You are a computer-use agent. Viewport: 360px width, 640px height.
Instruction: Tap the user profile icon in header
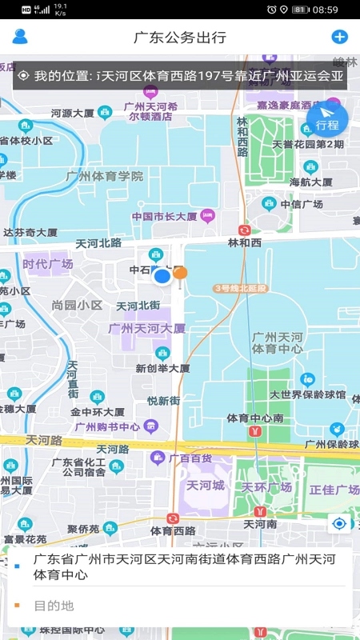coord(20,36)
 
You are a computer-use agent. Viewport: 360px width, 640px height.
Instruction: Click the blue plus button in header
coord(339,37)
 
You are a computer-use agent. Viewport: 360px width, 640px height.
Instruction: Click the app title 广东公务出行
coord(180,37)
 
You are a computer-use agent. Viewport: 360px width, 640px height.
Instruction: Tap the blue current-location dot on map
coord(162,277)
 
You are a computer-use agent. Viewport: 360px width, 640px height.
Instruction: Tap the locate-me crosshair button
coord(339,524)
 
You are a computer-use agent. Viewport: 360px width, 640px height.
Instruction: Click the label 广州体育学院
coord(105,176)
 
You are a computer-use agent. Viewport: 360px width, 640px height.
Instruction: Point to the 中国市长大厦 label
coord(165,216)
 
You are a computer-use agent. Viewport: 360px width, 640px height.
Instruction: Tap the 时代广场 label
coord(48,264)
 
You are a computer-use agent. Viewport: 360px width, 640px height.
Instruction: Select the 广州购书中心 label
coord(107,426)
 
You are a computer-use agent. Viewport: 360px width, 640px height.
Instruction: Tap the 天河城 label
coord(206,486)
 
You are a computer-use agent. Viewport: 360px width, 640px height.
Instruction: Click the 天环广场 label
coord(267,487)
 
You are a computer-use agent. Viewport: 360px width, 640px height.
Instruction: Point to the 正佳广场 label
coord(334,489)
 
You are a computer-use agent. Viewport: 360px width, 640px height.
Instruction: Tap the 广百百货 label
coord(190,458)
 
